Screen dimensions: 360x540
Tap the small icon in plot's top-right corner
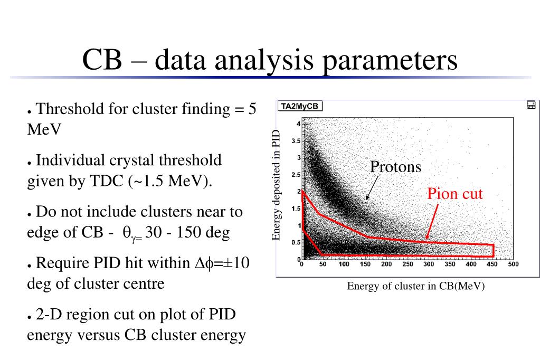[531, 105]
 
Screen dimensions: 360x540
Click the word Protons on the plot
[395, 167]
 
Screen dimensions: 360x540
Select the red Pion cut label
[455, 194]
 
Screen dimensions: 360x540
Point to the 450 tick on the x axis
[492, 264]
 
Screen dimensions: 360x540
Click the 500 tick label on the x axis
[514, 264]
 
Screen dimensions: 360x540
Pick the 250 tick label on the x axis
[408, 264]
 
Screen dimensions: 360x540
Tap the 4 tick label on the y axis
[298, 124]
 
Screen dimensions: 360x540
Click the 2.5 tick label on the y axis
[296, 175]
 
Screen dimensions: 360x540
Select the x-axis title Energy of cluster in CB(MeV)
[415, 286]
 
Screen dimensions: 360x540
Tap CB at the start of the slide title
[102, 60]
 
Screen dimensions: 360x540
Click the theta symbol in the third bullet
[126, 233]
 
